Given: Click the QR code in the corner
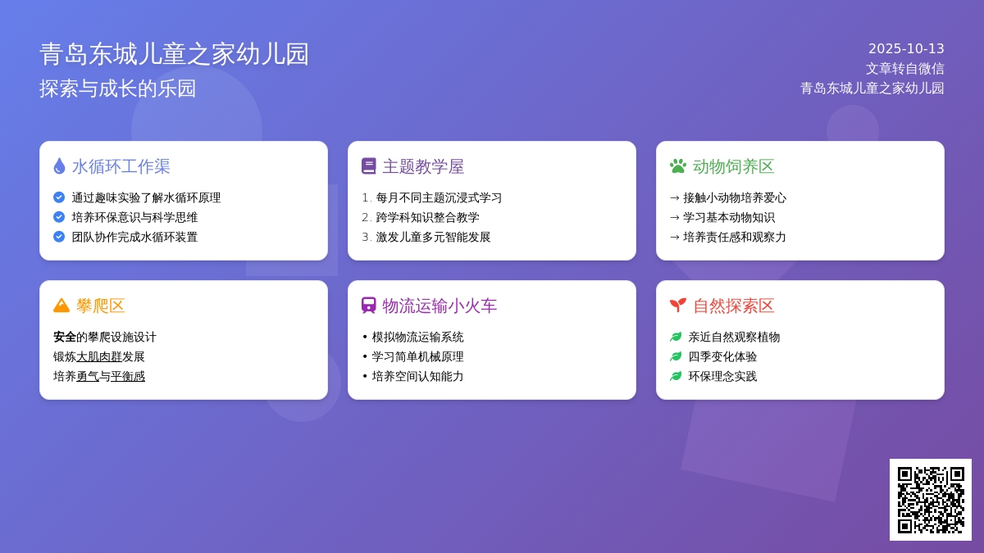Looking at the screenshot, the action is pos(931,500).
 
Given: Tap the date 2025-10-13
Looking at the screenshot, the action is pos(906,48).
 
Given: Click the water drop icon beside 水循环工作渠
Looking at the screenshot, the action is pos(59,166).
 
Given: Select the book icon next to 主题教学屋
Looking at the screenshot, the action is pos(368,166).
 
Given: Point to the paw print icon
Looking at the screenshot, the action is pos(678,166).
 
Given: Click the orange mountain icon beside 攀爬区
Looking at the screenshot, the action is pos(61,306).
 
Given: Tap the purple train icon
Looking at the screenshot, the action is pos(368,306).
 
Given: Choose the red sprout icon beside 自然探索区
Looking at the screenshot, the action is pos(678,306).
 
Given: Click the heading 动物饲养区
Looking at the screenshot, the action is pos(733,167).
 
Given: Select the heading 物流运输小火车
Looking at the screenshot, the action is pos(440,306).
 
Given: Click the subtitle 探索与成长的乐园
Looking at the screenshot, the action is pos(118,88).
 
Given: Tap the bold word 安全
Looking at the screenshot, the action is pos(65,337).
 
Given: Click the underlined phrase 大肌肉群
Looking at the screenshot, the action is pos(99,357).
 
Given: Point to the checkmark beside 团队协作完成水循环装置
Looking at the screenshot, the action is pos(59,237).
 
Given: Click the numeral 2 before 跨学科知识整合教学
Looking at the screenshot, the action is pos(366,217).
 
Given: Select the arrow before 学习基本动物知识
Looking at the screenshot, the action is pos(675,218).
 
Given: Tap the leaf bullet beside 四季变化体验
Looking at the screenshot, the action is pos(676,356).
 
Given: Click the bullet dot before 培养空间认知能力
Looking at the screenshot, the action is pos(365,376).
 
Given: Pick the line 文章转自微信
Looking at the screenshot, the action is pos(904,69).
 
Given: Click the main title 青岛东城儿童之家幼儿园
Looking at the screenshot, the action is pos(175,54).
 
